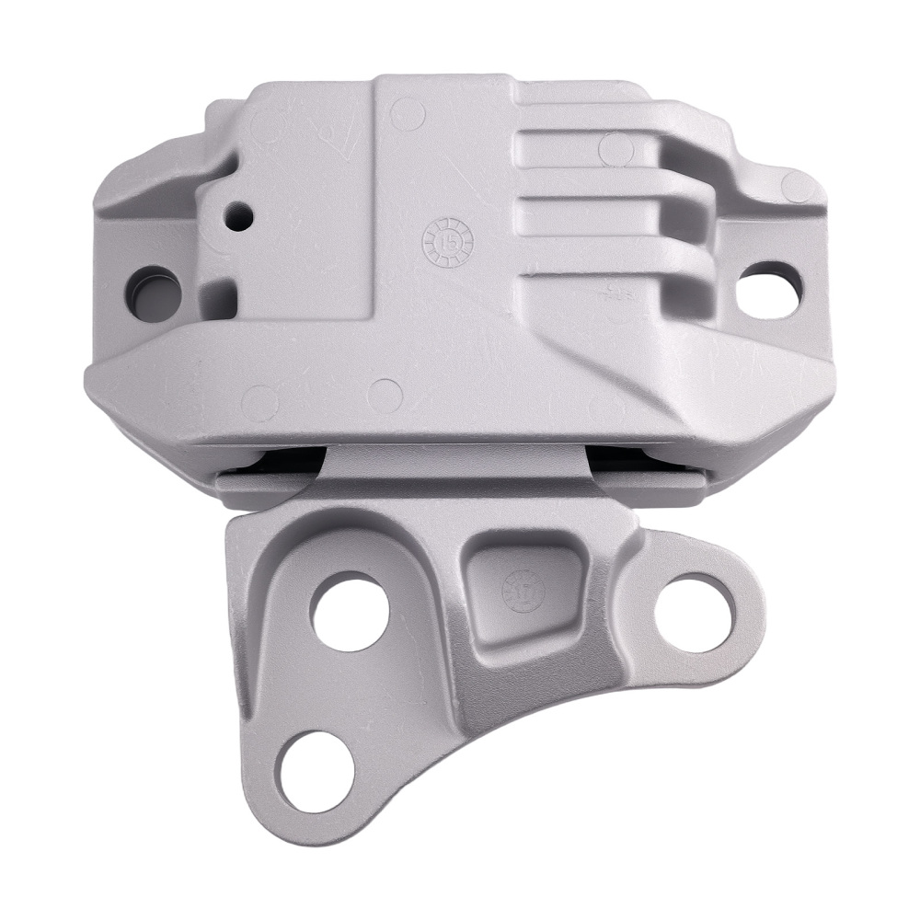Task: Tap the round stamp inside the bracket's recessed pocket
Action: click(516, 586)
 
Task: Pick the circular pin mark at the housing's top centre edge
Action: click(406, 114)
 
